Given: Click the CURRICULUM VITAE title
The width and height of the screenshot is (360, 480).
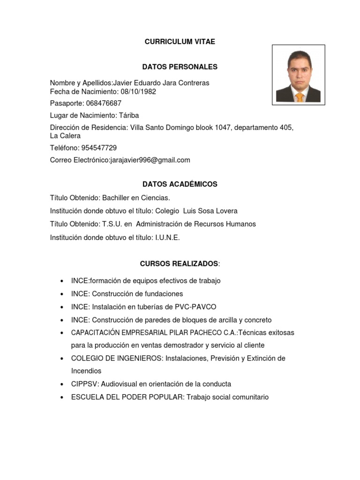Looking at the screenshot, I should (180, 42).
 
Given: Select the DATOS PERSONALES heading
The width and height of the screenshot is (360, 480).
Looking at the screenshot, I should (180, 67).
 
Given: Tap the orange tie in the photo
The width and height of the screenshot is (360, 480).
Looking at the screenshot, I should (299, 97).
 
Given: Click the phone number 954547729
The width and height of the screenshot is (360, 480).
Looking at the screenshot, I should (99, 148).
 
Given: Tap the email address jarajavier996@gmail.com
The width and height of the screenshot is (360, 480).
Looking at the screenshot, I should (150, 160).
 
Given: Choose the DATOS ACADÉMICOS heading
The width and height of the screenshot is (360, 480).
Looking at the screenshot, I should (180, 184).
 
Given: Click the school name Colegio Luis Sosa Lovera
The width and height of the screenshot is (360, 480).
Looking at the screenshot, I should (196, 211).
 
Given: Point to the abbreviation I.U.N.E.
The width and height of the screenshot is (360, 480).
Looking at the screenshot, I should (167, 238).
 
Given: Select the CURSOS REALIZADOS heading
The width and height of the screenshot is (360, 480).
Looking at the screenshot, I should (179, 264).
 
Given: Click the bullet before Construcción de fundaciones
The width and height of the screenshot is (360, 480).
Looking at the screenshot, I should (62, 294).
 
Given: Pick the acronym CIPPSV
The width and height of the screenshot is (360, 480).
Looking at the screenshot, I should (82, 384).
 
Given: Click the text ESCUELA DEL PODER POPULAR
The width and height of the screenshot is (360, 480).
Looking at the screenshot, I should (127, 397).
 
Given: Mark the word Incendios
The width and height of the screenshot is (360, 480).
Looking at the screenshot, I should (86, 371).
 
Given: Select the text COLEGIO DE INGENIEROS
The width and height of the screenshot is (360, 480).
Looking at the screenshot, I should (117, 358).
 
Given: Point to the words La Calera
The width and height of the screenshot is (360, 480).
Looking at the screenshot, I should (65, 136).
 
